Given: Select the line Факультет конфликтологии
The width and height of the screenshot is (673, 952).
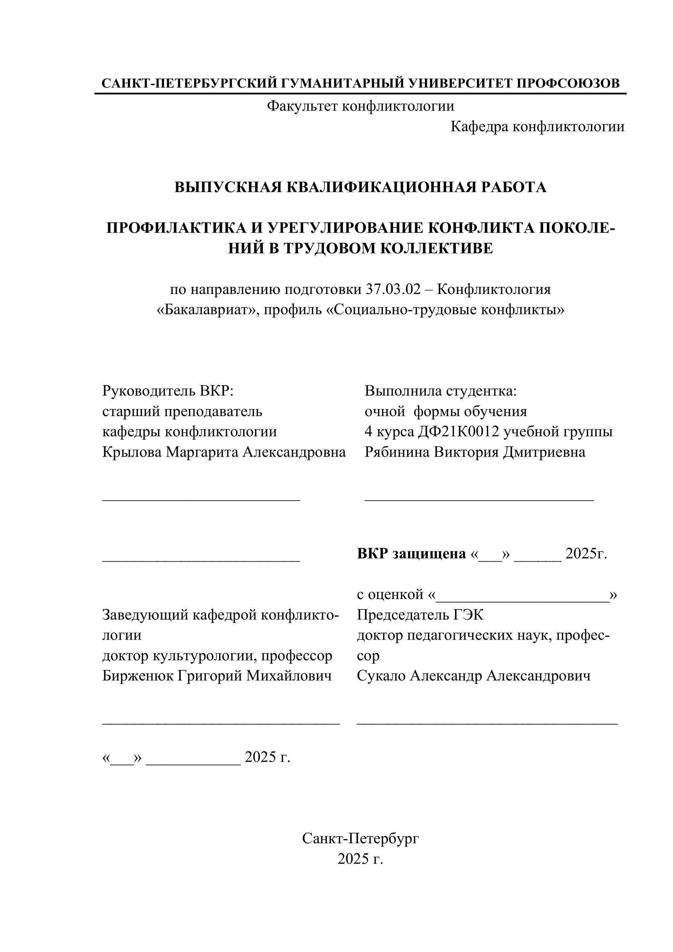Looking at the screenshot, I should click(x=360, y=106).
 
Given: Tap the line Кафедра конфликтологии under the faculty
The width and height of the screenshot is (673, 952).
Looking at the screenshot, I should click(x=538, y=126).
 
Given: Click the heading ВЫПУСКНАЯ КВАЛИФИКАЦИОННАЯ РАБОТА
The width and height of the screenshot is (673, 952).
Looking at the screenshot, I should click(x=360, y=188).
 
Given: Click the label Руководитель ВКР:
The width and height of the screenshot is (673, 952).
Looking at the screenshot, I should click(x=168, y=391).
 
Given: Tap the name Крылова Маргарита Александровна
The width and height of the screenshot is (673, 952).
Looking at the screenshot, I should click(x=224, y=452).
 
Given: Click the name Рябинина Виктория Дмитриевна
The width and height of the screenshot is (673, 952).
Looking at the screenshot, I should click(x=475, y=452).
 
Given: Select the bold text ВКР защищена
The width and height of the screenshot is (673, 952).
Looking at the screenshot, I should click(x=411, y=553).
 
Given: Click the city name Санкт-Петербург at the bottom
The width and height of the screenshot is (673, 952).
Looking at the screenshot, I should click(x=360, y=838).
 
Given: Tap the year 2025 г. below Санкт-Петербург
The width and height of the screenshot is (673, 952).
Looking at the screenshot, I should click(x=360, y=859).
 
